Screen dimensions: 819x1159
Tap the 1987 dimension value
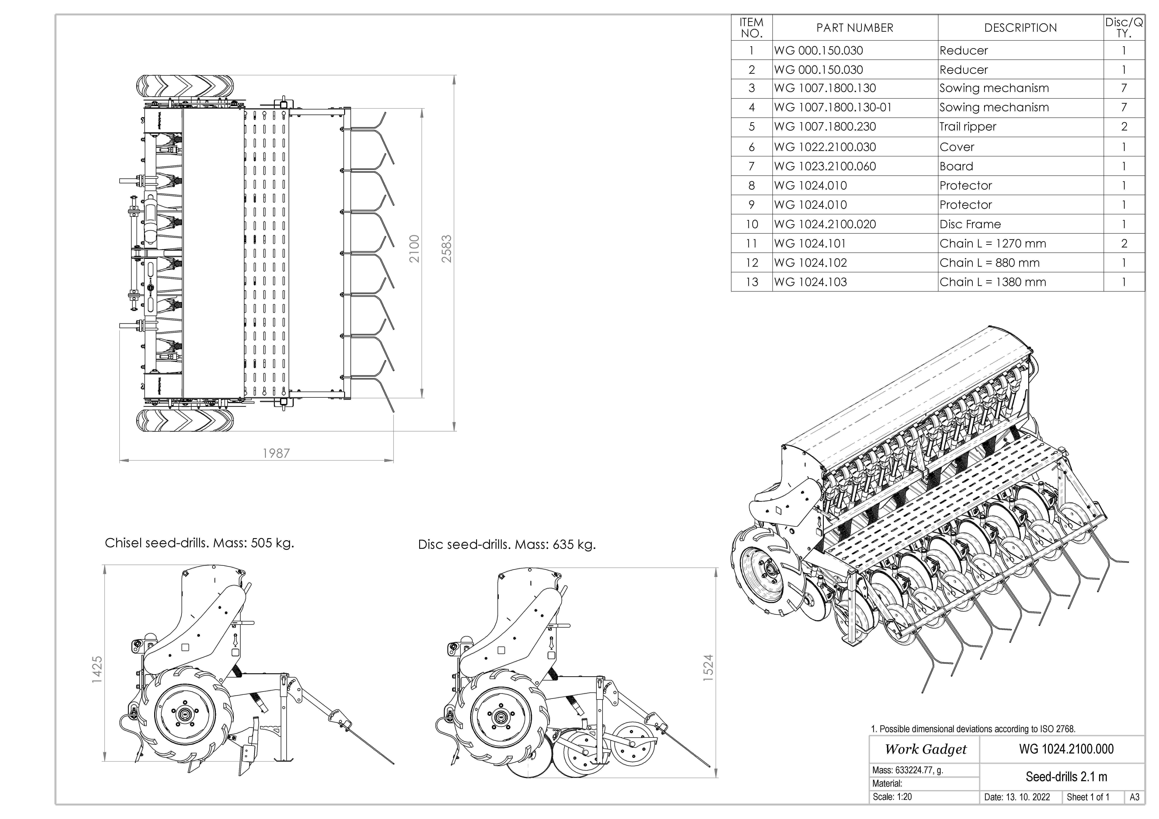[x=276, y=453]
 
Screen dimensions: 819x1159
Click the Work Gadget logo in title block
[x=925, y=749]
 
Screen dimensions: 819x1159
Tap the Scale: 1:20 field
[x=892, y=797]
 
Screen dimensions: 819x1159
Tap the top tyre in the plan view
[x=185, y=87]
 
